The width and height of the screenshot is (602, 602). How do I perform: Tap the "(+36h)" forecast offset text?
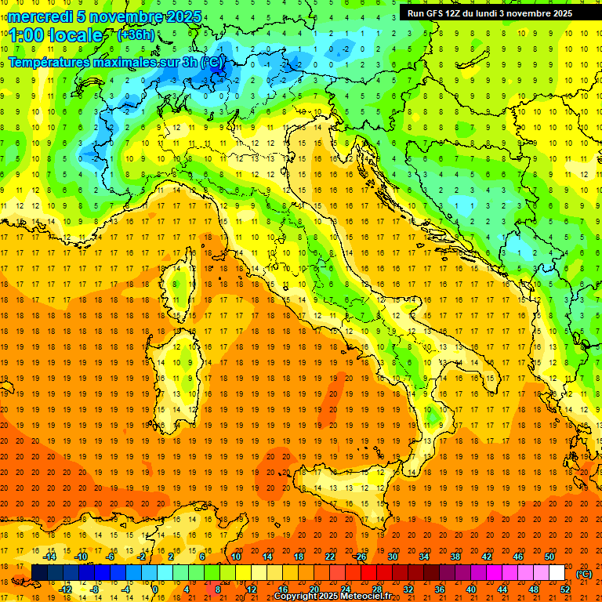coord(136,34)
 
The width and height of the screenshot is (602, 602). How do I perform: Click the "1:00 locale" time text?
coord(55,35)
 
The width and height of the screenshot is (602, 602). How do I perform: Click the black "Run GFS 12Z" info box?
coord(489,13)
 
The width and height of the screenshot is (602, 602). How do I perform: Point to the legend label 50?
coord(549,557)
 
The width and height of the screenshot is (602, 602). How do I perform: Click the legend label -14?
coord(51,557)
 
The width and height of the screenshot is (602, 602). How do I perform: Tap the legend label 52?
coord(565,589)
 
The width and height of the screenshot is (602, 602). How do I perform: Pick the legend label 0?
coord(155,589)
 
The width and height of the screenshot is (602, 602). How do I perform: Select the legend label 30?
coord(393,557)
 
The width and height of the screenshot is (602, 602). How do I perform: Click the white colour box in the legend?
coord(557,573)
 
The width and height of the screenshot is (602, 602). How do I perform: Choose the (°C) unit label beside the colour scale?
coord(584,574)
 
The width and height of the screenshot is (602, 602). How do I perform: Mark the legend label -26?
coord(361,557)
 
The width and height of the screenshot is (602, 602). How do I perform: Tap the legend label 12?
coord(251,589)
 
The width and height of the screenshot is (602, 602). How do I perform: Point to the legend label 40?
coord(471,589)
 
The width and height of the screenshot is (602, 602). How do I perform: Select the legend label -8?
coord(94,589)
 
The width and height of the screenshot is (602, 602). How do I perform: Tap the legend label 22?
coord(330,557)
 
